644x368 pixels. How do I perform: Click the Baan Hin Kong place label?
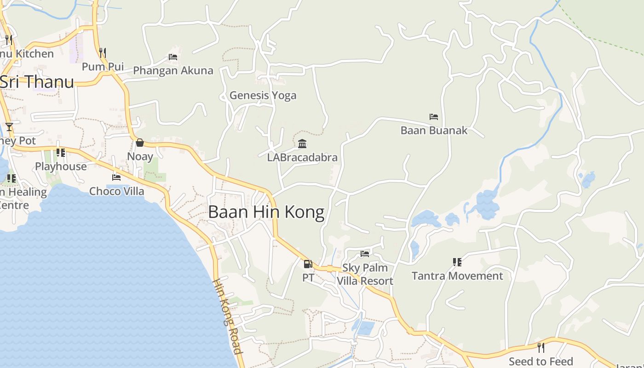click(266, 212)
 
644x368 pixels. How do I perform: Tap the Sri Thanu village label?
click(37, 82)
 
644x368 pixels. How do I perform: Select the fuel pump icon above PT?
click(308, 264)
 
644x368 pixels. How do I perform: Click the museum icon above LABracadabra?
click(302, 144)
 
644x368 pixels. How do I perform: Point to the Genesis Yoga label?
click(263, 95)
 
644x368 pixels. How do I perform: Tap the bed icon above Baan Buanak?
click(433, 117)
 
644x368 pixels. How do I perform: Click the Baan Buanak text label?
click(434, 130)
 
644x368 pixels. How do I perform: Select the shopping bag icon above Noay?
click(140, 143)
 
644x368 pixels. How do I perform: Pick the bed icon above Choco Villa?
click(116, 177)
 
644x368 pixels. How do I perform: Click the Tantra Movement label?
click(457, 276)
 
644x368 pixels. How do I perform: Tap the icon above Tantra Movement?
click(457, 262)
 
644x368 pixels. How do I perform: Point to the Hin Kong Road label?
click(228, 316)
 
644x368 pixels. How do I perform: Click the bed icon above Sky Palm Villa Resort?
click(365, 253)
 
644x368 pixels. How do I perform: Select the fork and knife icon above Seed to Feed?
click(540, 347)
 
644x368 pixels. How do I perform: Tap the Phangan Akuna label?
click(173, 70)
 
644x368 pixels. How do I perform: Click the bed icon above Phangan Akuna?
click(173, 57)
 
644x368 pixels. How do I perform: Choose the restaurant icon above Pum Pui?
click(103, 53)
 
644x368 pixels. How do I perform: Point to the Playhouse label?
click(61, 167)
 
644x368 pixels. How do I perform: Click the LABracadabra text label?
click(302, 157)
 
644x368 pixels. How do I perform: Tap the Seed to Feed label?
click(540, 361)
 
